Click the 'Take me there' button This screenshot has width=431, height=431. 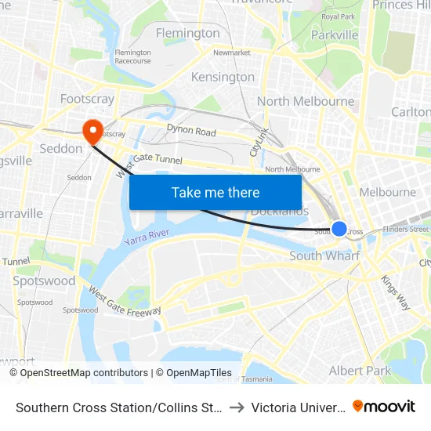coord(215,192)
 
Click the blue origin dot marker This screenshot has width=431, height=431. coord(339,228)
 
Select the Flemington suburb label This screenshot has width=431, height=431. coord(188,33)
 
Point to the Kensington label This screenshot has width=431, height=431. coord(223,77)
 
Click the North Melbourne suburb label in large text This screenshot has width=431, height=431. coord(306,101)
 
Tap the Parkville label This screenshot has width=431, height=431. coord(335,34)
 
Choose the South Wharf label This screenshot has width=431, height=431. coord(324,256)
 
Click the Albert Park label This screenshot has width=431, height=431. coord(360,370)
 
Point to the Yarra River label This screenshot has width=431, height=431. coord(146,237)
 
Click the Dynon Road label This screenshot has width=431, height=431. coord(190,131)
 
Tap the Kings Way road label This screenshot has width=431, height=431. coord(395,292)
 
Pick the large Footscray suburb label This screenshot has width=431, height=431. coord(87,99)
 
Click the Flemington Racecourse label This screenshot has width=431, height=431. coord(132,56)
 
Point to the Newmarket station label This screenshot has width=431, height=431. coord(231,53)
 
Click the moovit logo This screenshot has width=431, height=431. coord(384,406)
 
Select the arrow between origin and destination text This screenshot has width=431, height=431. coord(237,407)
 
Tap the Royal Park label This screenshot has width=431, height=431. coord(339,16)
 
